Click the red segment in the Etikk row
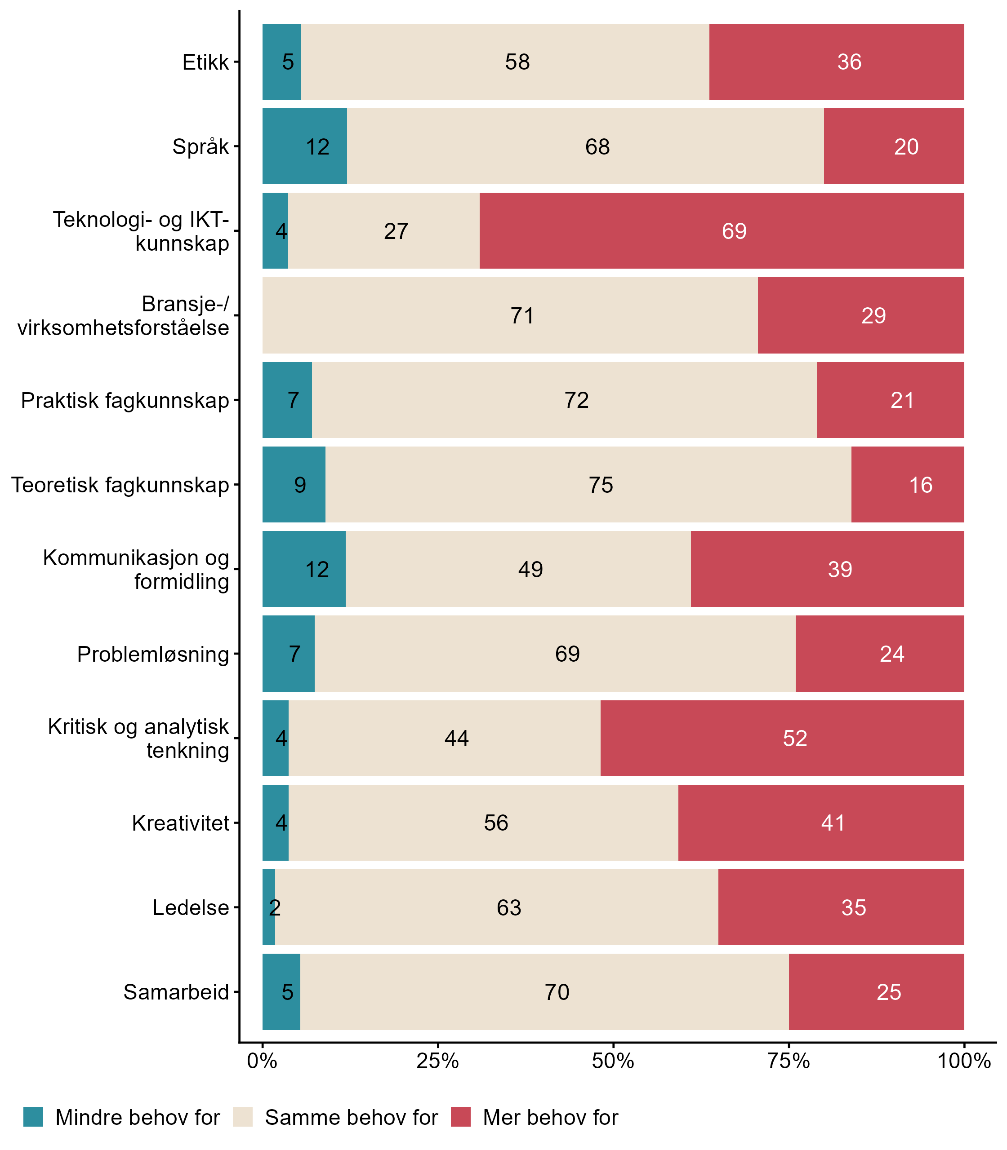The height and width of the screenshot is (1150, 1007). [x=836, y=62]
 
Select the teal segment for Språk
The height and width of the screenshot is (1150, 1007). [x=304, y=146]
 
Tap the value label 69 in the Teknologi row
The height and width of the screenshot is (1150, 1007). [x=734, y=231]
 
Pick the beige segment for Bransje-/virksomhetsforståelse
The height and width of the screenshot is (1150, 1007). [x=510, y=315]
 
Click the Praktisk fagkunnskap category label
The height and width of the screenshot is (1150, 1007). [x=125, y=400]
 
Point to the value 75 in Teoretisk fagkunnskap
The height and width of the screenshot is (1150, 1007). [x=601, y=485]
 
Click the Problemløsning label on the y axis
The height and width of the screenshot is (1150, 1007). [x=153, y=654]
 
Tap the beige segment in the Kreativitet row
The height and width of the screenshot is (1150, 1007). [x=483, y=823]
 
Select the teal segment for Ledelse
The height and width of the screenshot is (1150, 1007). [x=269, y=907]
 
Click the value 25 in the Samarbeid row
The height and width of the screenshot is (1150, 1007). [x=888, y=992]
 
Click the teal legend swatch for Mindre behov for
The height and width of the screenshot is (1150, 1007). [x=33, y=1117]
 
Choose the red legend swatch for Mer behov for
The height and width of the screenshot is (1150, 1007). [x=460, y=1117]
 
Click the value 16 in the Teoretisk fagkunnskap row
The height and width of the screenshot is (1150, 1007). [x=921, y=485]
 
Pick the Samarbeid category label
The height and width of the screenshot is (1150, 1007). [x=176, y=992]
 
